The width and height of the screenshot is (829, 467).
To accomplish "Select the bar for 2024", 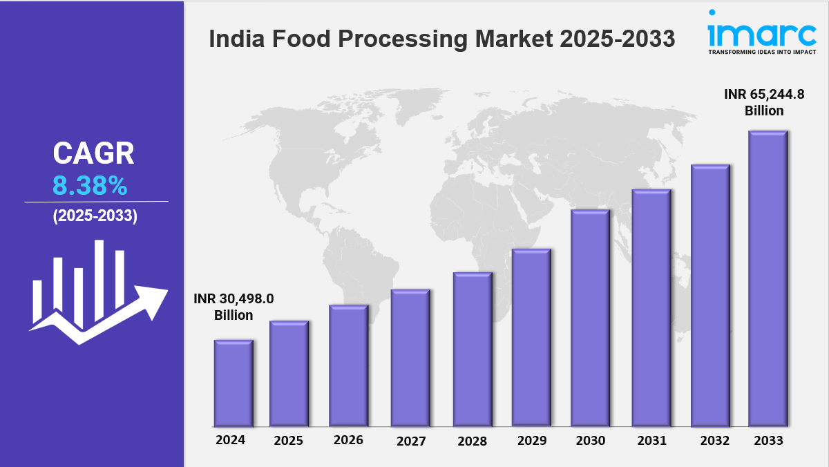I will [234, 383].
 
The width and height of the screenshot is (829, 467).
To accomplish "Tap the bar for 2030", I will [590, 318].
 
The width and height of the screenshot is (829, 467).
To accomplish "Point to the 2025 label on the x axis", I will [289, 440].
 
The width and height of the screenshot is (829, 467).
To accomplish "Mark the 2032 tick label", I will [710, 440].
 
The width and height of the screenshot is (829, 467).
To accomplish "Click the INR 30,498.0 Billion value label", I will [234, 307].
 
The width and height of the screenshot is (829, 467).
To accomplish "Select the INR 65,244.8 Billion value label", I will [764, 102].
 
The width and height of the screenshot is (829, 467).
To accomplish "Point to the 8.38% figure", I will [90, 185].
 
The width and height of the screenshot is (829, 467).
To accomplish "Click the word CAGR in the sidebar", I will [93, 153].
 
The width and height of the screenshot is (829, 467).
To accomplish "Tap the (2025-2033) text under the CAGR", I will [95, 216].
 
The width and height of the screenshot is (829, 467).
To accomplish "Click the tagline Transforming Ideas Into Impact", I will [762, 51].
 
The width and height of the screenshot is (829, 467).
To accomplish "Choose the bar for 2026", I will [348, 365].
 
